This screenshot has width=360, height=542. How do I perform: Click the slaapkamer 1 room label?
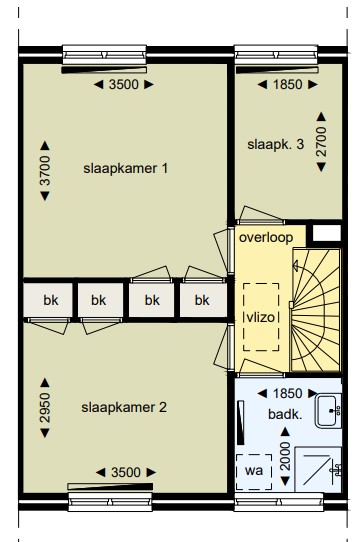(126, 169)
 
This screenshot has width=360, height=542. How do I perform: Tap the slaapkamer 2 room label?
(124, 408)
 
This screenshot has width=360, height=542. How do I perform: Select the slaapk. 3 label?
(276, 144)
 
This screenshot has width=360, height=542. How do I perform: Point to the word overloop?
(266, 237)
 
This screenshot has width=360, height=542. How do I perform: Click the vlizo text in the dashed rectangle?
(261, 317)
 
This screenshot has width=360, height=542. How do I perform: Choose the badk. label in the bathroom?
(285, 414)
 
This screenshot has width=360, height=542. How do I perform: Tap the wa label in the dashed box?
(254, 471)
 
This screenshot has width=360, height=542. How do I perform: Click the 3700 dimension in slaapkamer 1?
(45, 171)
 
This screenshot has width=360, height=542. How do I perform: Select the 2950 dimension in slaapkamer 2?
(45, 408)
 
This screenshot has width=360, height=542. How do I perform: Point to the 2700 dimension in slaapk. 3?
(321, 142)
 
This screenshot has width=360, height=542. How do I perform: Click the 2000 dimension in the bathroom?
(285, 456)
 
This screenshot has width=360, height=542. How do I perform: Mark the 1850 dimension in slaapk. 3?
(288, 85)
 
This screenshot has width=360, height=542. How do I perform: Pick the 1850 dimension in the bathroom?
(288, 394)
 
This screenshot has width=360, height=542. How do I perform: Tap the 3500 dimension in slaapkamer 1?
(124, 85)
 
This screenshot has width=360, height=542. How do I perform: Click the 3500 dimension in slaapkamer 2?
(126, 473)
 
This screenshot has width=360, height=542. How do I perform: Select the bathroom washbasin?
(328, 411)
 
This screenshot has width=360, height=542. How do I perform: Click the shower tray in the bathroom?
(318, 469)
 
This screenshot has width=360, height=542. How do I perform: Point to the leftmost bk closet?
(48, 300)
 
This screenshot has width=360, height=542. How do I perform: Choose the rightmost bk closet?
(203, 300)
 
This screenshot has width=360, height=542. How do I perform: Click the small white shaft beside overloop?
(327, 233)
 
